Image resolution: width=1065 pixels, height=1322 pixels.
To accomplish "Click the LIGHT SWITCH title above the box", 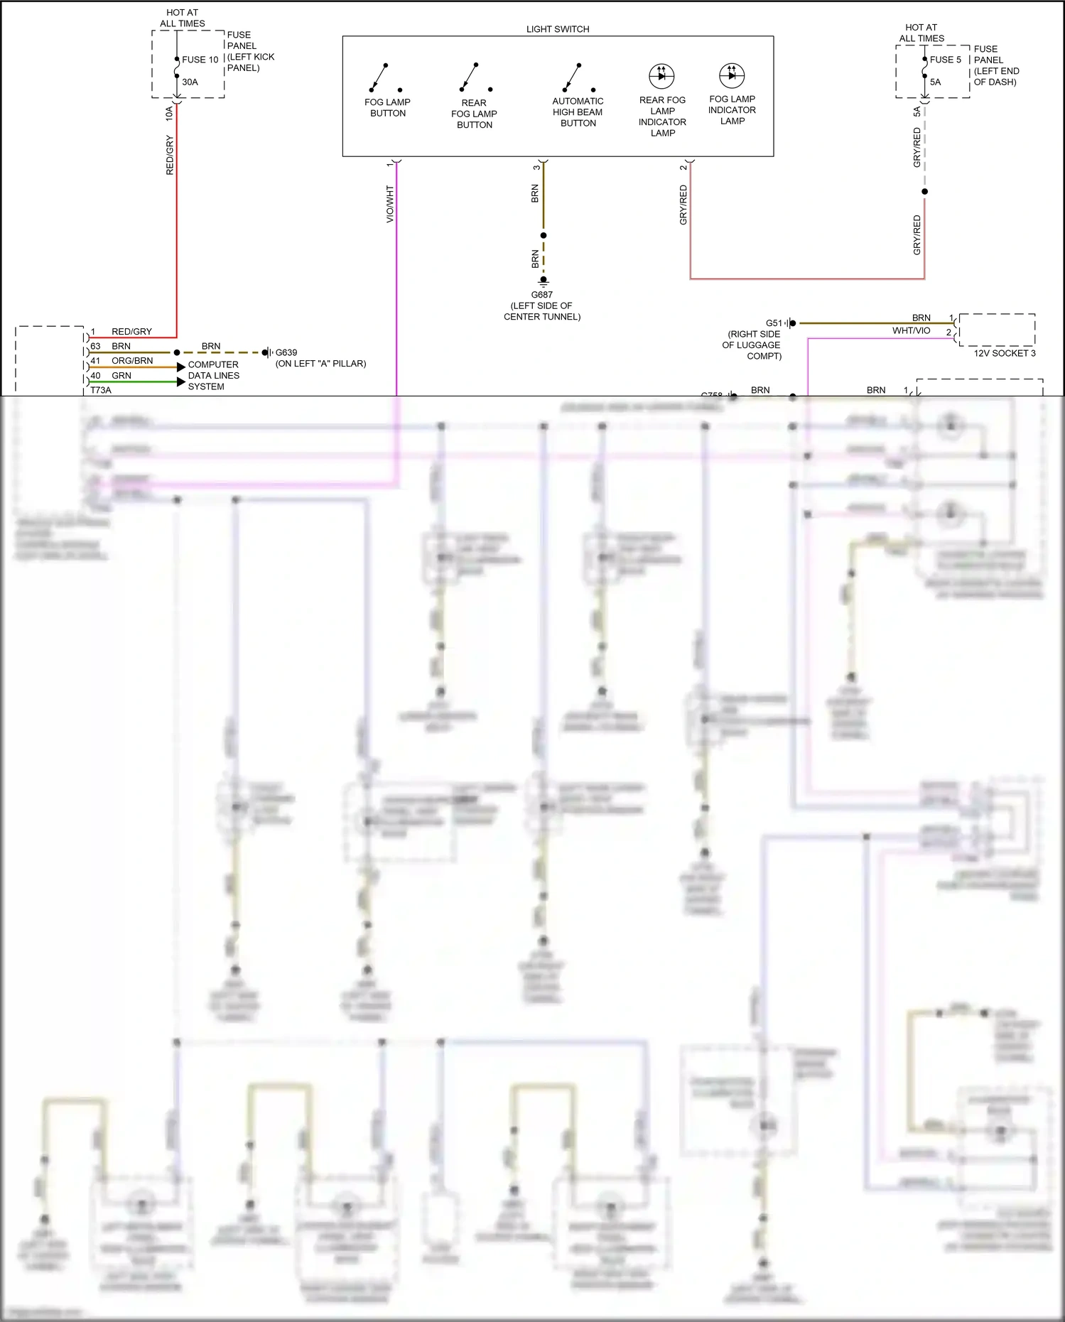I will [x=558, y=29].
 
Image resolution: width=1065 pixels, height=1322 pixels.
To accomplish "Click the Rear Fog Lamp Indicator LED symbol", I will [x=661, y=76].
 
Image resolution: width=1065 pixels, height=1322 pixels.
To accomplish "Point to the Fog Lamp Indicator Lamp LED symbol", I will [x=732, y=75].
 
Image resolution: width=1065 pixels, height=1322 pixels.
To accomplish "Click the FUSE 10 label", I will [x=200, y=60].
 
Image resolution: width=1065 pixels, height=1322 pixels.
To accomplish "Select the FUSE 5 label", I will [x=945, y=60].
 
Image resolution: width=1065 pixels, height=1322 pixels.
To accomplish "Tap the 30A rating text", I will [x=190, y=82].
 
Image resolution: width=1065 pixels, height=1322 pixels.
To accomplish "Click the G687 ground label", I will [x=541, y=295].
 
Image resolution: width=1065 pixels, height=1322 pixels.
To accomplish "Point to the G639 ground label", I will [x=286, y=352].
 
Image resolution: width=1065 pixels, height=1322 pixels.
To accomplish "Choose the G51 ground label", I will [x=774, y=323].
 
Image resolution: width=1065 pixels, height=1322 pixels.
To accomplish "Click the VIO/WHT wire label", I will [x=389, y=204].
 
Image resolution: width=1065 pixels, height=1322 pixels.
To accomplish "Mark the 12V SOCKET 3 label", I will [x=1004, y=353].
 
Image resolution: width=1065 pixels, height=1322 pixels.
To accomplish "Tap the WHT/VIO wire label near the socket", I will [x=911, y=331].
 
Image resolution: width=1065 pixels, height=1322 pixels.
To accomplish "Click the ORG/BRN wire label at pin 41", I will [x=132, y=361].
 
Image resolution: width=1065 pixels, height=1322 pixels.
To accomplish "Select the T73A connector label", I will [x=101, y=390].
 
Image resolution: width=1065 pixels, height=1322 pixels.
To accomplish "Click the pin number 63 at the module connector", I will [x=95, y=346].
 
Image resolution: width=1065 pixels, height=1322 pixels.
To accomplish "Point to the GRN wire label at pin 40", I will [x=121, y=376].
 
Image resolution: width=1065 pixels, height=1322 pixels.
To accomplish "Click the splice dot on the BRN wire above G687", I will [x=544, y=235].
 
